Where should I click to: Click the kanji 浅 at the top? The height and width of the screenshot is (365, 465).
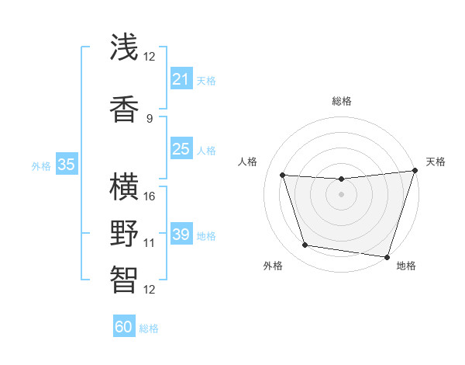pos(125,47)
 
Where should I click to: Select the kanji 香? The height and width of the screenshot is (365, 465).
pos(125,108)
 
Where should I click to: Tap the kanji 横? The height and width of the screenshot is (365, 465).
pos(125,186)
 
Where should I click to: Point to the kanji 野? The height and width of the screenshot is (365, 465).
pos(125,233)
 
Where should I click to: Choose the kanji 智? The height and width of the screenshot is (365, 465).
pos(125,280)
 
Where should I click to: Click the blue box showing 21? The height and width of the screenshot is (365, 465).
pos(181,79)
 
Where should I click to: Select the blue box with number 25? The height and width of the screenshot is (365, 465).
pos(181,149)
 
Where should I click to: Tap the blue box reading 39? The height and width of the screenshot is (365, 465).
pos(181,235)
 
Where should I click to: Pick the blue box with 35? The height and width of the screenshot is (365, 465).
pos(66,165)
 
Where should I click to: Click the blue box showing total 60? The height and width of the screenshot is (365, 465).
pos(124,327)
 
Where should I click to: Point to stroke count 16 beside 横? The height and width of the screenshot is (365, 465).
pos(150,196)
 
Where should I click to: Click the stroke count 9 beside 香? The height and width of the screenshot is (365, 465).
pos(150,118)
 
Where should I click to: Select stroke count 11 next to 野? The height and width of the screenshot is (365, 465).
pos(150,243)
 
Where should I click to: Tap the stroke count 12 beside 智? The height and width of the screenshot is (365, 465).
pos(150,290)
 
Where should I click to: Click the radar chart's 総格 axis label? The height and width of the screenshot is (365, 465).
pos(341,101)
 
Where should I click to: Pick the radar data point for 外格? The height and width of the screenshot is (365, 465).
pos(305,245)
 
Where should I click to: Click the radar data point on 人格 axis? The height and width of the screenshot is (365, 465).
pos(283,176)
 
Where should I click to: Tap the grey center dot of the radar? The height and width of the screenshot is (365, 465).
pos(341,194)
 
